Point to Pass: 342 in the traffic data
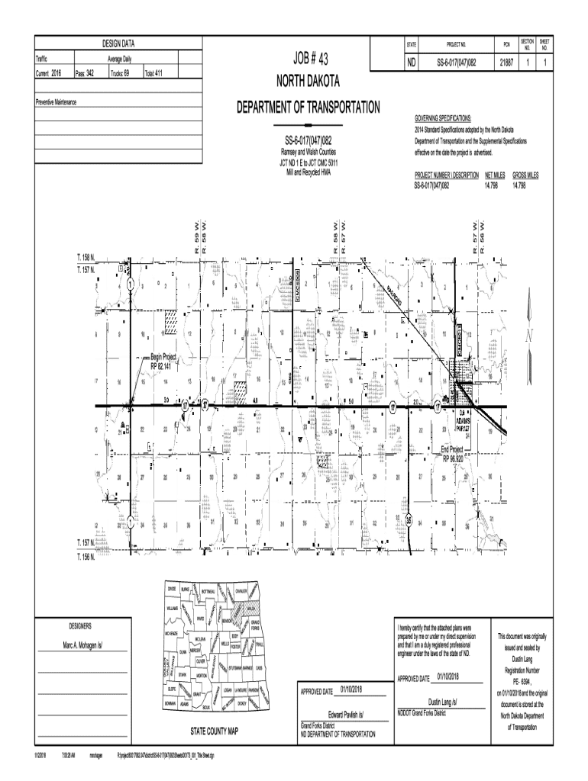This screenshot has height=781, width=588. pos(84,74)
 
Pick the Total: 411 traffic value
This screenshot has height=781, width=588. pos(153,74)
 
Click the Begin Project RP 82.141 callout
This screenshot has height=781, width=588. pos(163,360)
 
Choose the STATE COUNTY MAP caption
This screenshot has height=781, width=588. pos(215,730)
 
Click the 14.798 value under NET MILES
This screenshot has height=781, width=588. pos(495,185)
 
